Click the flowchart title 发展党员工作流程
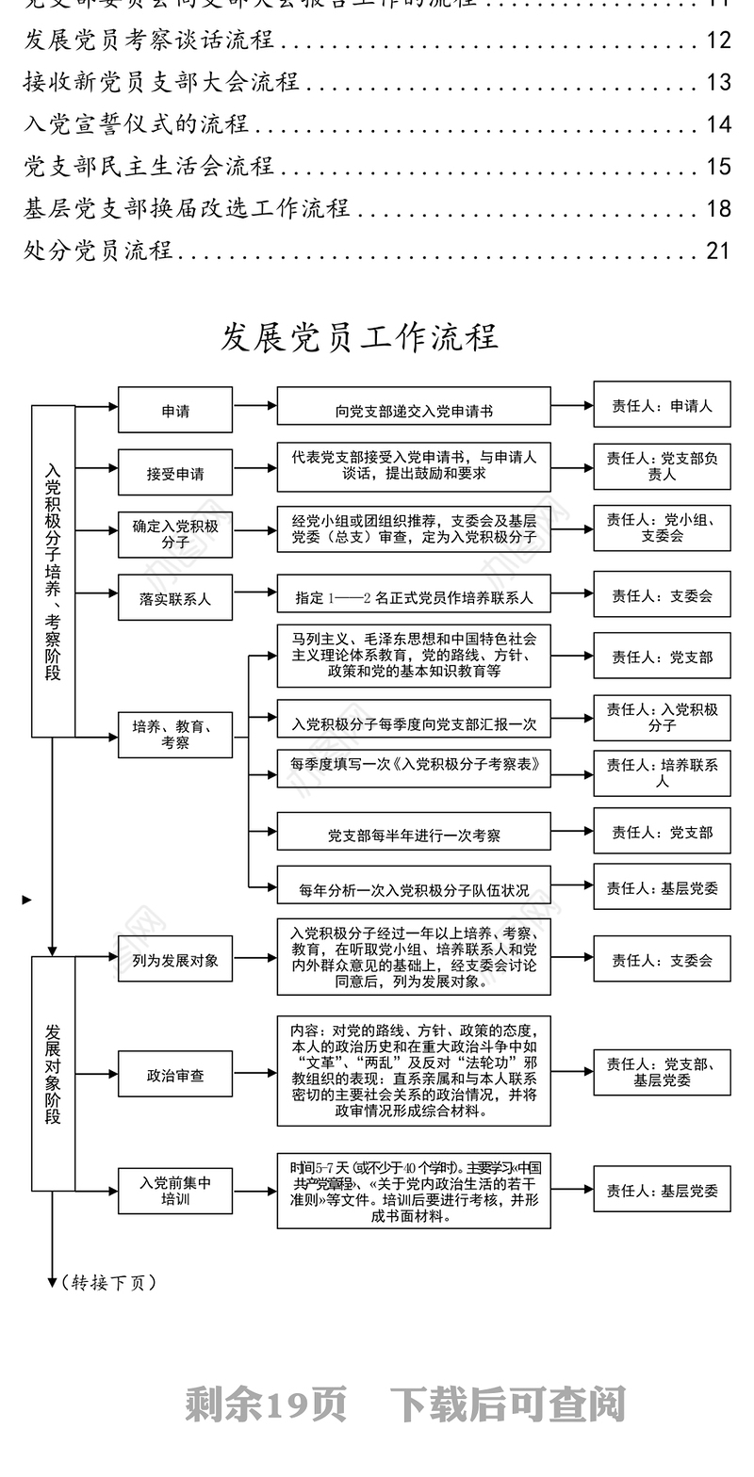pyautogui.click(x=359, y=336)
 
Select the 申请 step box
pyautogui.click(x=174, y=410)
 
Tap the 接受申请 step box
pyautogui.click(x=174, y=473)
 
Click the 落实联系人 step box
pyautogui.click(x=174, y=597)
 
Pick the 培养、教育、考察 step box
pyautogui.click(x=174, y=735)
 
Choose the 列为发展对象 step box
pyautogui.click(x=174, y=960)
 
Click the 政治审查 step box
pyautogui.click(x=174, y=1074)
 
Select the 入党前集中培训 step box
pyautogui.click(x=174, y=1191)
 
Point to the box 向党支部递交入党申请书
pyautogui.click(x=413, y=410)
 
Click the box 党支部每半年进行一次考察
pyautogui.click(x=413, y=834)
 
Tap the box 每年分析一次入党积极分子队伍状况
pyautogui.click(x=413, y=887)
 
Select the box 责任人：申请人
pyautogui.click(x=662, y=406)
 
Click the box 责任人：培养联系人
pyautogui.click(x=662, y=772)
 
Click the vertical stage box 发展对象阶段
pyautogui.click(x=53, y=1074)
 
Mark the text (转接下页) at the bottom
pyautogui.click(x=109, y=1282)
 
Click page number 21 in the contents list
pyautogui.click(x=718, y=250)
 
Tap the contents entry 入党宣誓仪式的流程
pyautogui.click(x=137, y=123)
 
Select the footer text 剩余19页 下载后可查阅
pyautogui.click(x=405, y=1404)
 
